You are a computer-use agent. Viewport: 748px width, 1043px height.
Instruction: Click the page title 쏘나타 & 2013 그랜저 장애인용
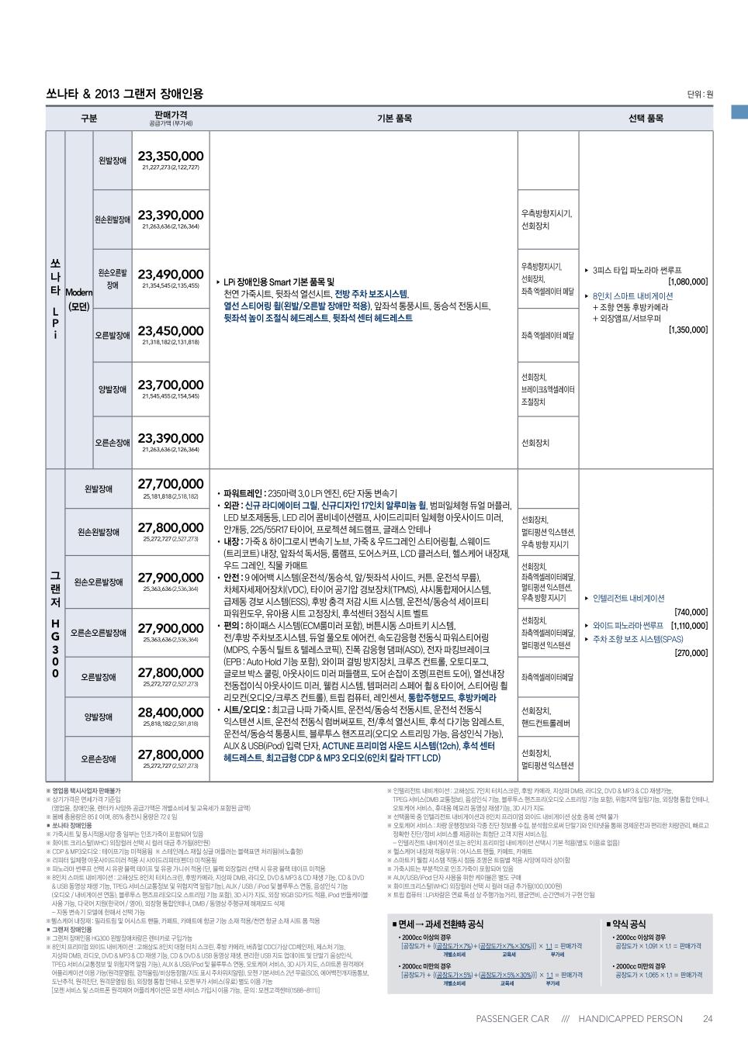tap(124, 94)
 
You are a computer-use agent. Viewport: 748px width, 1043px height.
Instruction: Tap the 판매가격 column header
tap(171, 116)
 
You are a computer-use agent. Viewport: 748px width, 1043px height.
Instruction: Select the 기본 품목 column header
tap(394, 119)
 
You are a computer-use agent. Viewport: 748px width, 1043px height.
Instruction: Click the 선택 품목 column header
tap(646, 119)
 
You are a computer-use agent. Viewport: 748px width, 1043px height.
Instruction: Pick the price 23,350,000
tap(171, 157)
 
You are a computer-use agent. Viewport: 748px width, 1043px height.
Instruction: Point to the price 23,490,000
tap(171, 275)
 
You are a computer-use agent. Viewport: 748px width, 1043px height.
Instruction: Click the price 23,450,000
tap(171, 331)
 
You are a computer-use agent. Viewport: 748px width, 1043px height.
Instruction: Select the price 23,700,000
tap(171, 385)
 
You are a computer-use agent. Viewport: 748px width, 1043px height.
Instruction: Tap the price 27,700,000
tap(171, 484)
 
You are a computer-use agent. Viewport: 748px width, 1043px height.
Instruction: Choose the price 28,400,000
tap(171, 712)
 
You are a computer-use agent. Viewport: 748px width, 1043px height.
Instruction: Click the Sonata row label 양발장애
tap(113, 389)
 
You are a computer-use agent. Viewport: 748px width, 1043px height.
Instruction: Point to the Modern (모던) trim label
tap(78, 299)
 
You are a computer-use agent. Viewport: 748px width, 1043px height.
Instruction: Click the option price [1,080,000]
tap(687, 282)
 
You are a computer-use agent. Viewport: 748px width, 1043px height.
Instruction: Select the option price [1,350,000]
tap(687, 330)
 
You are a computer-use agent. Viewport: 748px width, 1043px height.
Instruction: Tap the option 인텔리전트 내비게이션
tap(629, 598)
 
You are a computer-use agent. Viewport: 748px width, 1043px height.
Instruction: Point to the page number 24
tap(707, 1019)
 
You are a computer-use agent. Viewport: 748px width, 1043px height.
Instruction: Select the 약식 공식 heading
tap(629, 924)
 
